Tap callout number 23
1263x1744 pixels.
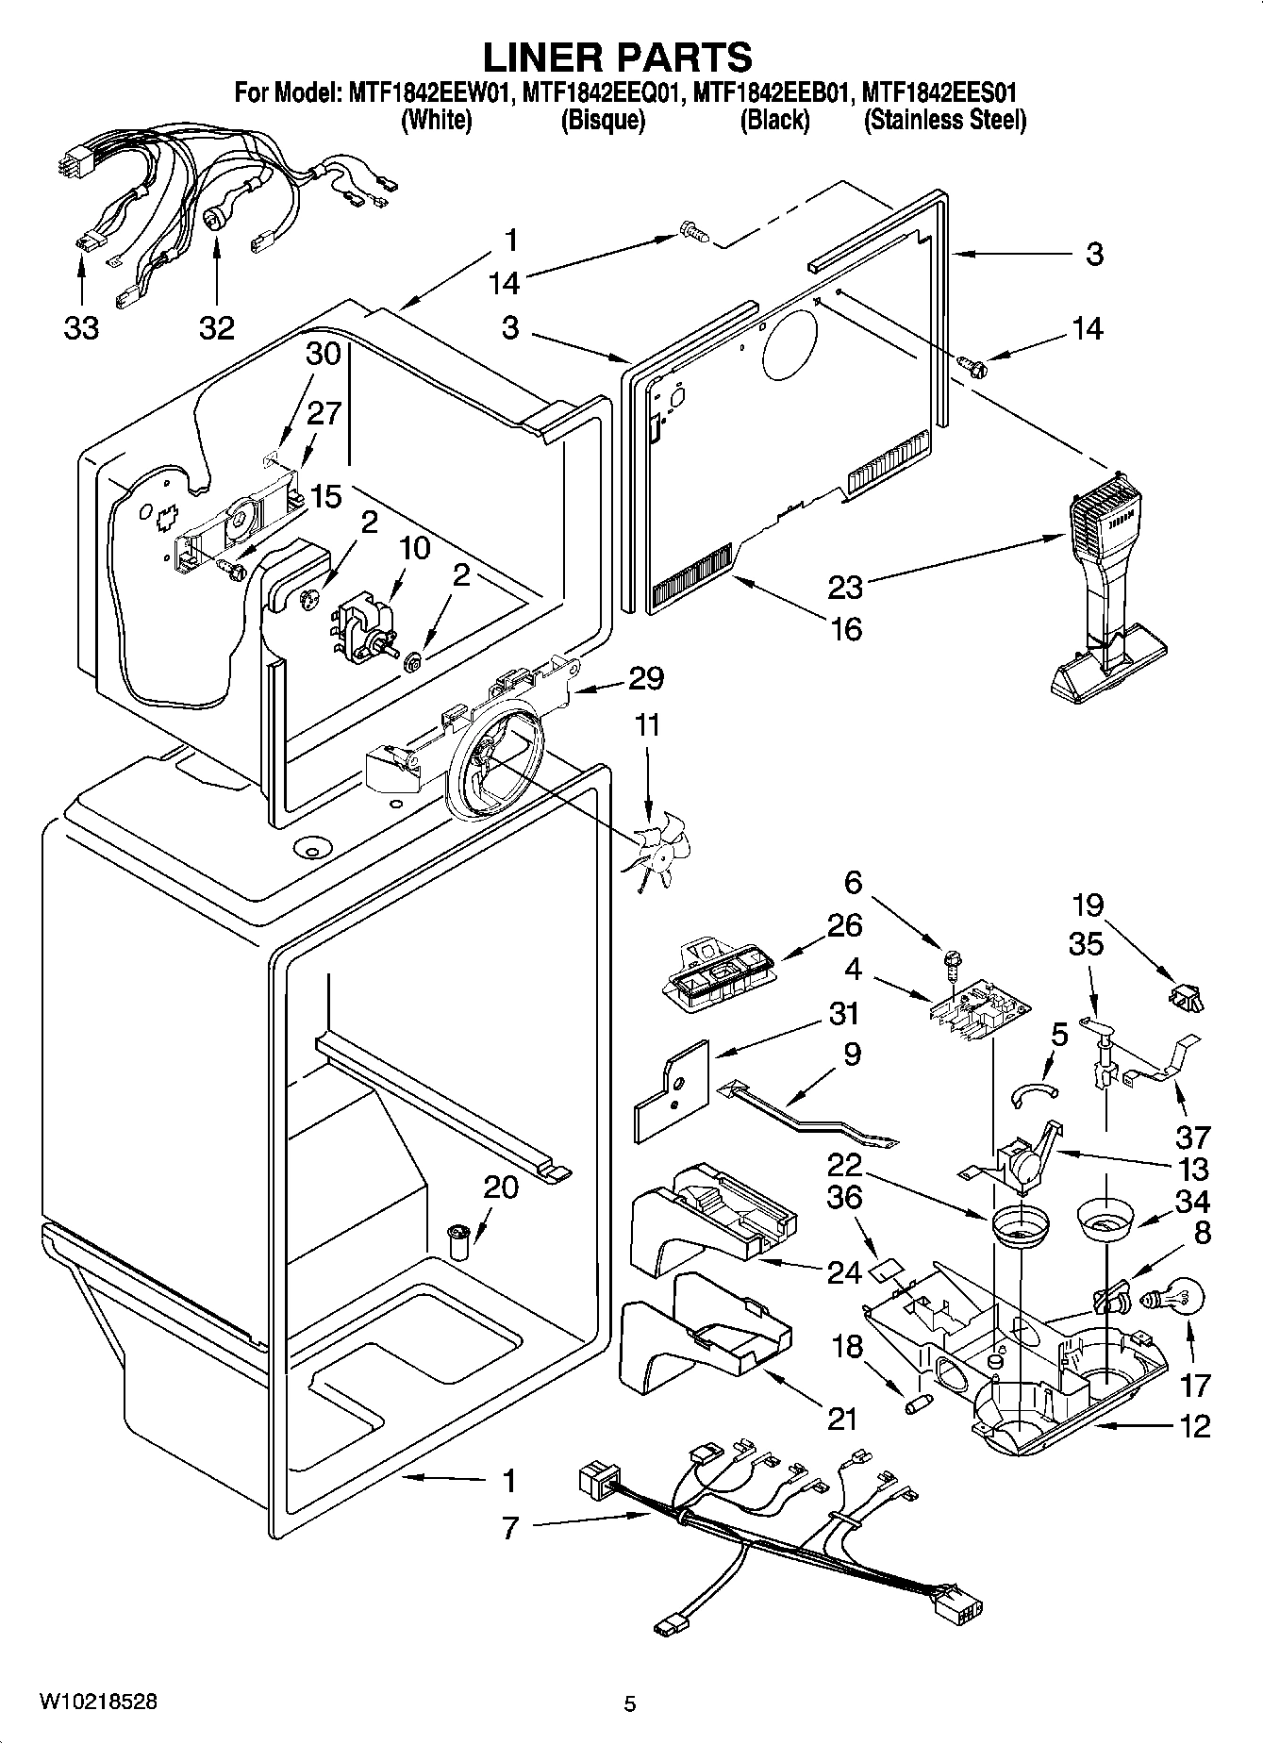tap(845, 587)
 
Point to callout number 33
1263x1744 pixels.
tap(81, 327)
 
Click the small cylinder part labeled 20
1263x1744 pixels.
tap(459, 1242)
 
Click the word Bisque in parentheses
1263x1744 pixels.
tap(603, 120)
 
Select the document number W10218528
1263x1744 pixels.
tap(98, 1701)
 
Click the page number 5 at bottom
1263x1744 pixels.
tap(629, 1703)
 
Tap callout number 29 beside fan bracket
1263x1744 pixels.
tap(647, 677)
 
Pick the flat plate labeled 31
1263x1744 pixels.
tap(670, 1089)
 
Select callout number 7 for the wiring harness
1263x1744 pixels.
tap(510, 1527)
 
